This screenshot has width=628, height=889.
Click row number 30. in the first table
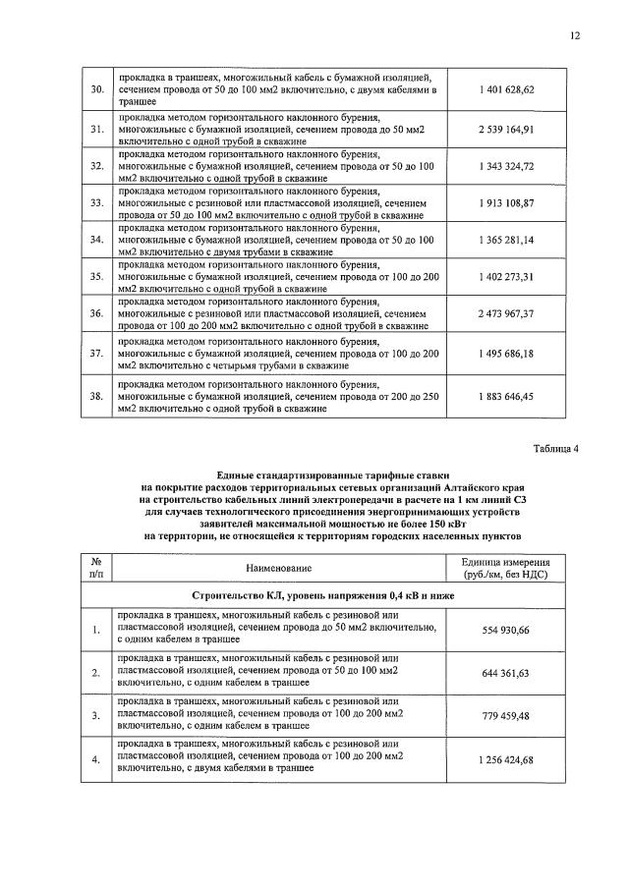coord(96,89)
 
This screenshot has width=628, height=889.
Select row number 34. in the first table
coord(96,240)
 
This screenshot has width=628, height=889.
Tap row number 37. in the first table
coord(96,352)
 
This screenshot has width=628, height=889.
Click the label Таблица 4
coord(556,449)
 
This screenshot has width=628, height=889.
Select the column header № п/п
coord(96,568)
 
